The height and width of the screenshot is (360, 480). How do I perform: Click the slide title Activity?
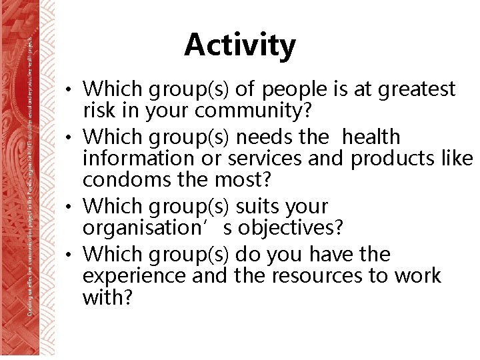(240, 45)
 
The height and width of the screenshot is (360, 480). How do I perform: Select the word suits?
(255, 207)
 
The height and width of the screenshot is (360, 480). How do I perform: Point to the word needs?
(265, 137)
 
